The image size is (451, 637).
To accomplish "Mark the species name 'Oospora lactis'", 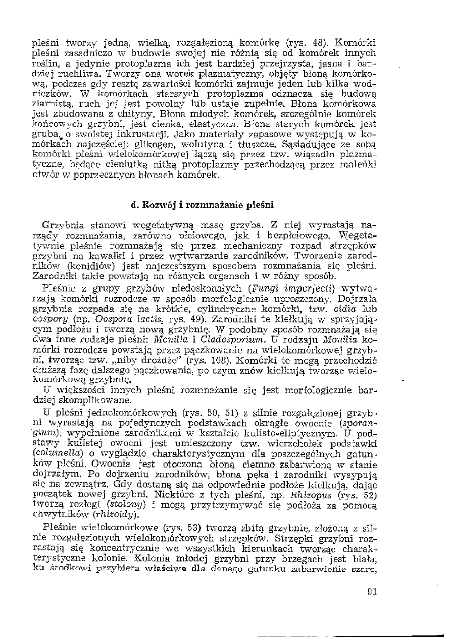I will [119, 319].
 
